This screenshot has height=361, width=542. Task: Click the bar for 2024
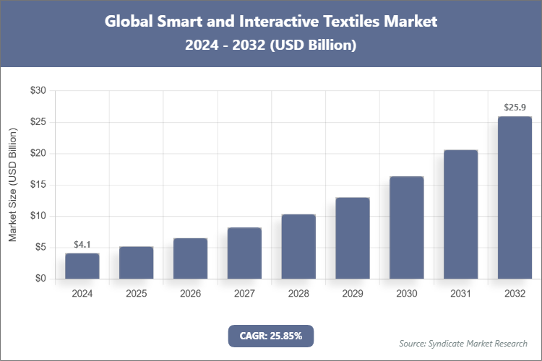coord(82,266)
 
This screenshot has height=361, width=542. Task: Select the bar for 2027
coord(244,253)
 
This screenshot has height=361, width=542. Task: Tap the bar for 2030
coord(406,227)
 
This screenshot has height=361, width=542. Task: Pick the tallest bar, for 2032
coord(515,197)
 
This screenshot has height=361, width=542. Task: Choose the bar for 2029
coord(352,238)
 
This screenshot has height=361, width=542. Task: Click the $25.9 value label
coord(515,108)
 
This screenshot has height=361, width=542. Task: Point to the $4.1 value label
coord(82,245)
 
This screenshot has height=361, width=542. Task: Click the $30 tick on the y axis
coord(38,91)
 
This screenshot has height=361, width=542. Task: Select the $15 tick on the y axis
coord(38,185)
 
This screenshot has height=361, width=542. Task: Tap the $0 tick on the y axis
coord(40,279)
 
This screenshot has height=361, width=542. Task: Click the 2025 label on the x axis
coord(136,294)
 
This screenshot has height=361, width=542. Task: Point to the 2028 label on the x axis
coord(298,294)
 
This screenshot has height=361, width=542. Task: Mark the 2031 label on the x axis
coord(460,294)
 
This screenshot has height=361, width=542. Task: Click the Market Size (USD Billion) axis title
coord(12,185)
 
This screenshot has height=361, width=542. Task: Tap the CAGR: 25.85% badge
coord(271,335)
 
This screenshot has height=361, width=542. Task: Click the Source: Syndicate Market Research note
coord(463,343)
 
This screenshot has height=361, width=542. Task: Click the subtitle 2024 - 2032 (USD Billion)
coord(271,45)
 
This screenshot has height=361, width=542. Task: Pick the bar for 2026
coord(190,258)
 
